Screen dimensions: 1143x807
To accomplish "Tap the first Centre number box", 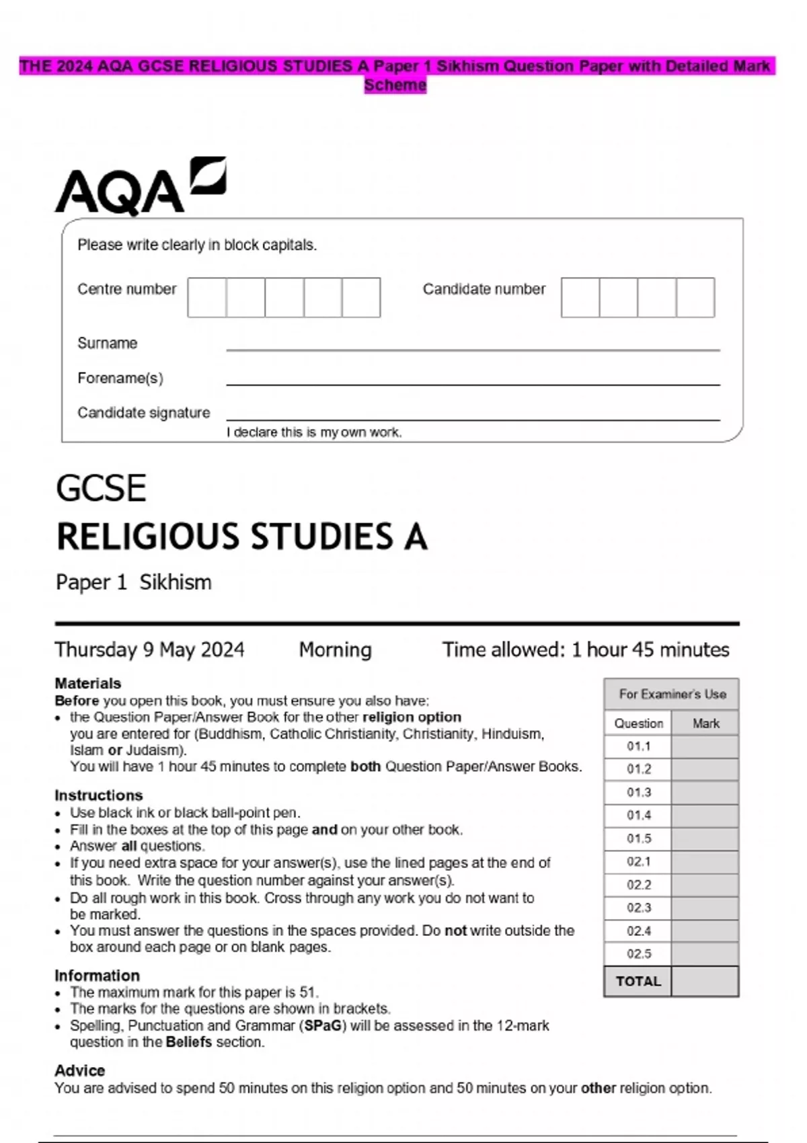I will [207, 297].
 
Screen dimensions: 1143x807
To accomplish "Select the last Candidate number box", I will [695, 297].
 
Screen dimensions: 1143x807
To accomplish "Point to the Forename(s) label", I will [120, 378].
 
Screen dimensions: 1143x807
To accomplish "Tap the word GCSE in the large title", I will [101, 488].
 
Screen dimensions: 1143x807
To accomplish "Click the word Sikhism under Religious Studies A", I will [176, 582].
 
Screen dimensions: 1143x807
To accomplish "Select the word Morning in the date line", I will [335, 649].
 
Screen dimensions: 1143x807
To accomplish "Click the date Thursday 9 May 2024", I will [149, 649].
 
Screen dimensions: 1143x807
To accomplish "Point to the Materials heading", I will [88, 683].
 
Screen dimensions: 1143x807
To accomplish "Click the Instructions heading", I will [99, 795].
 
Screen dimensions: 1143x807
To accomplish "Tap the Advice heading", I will [80, 1070].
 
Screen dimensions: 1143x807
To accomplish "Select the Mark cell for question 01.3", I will [705, 793].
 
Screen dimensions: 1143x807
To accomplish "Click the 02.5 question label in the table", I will [639, 954].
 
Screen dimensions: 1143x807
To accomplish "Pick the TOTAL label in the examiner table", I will [638, 982].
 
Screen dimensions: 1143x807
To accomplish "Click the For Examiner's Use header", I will [672, 695].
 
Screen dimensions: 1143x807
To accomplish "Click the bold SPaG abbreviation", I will [323, 1026].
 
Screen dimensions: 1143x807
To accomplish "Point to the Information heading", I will [98, 976].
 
